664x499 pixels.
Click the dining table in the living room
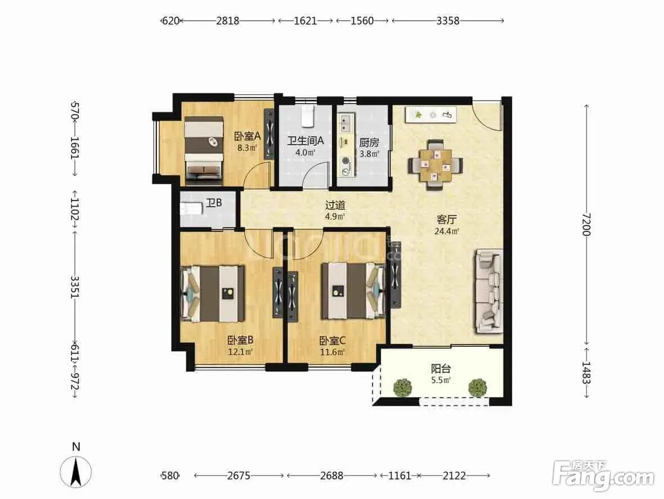[436, 165]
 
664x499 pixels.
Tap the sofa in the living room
[488, 291]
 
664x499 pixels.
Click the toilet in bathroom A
[308, 116]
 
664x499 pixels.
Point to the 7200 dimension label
[586, 224]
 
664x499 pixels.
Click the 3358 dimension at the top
[447, 20]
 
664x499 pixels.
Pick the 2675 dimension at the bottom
[239, 476]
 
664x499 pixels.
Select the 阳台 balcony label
[441, 368]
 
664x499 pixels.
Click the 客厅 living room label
[447, 220]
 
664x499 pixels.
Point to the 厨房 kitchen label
[369, 142]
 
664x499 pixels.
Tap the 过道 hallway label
[335, 205]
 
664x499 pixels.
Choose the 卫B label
[214, 203]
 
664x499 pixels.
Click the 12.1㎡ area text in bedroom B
[240, 351]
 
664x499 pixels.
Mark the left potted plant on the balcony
[403, 387]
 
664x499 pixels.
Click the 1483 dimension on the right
[586, 373]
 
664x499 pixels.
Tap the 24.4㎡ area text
[447, 231]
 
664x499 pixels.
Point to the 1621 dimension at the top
[306, 20]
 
